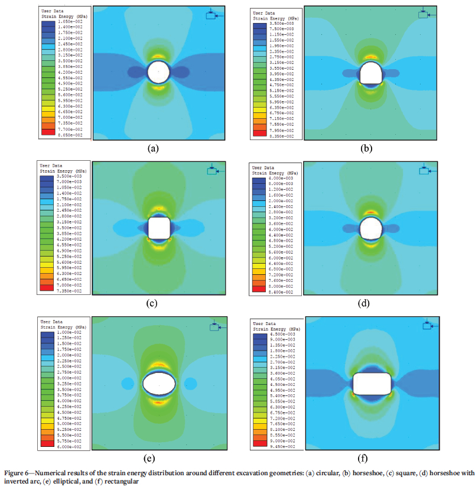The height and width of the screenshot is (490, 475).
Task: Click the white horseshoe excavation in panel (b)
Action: point(370,73)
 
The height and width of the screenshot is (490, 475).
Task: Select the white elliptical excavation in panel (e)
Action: point(159,382)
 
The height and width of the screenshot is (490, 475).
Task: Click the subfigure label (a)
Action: point(154,148)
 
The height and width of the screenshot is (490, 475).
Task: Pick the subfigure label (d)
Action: point(364,304)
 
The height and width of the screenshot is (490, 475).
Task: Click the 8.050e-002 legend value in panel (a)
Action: point(71,135)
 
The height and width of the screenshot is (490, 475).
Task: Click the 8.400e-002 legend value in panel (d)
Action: point(280,291)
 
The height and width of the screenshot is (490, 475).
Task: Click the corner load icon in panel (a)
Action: point(211,15)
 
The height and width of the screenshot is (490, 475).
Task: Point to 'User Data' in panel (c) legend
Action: point(50,165)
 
